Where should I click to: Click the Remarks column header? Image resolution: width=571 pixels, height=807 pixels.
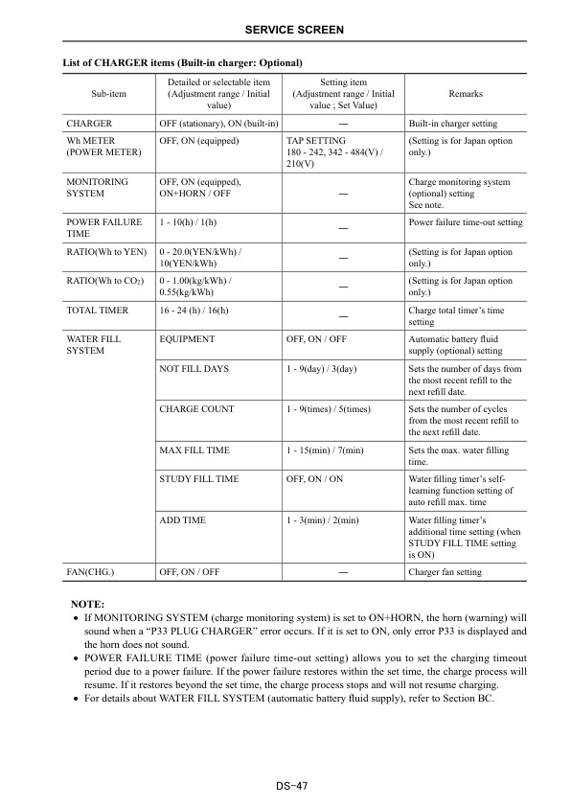pos(465,94)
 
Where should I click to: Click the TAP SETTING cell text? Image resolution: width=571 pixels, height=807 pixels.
pos(315,141)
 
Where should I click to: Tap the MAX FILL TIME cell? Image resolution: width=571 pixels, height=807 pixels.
pos(194,450)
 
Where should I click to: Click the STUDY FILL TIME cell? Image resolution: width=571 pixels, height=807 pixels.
pos(199,478)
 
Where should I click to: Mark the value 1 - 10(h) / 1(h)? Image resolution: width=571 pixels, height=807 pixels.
pos(188,222)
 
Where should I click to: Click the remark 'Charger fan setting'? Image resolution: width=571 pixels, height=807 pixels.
pos(445,572)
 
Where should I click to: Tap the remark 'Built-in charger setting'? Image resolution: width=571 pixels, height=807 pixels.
pos(452,124)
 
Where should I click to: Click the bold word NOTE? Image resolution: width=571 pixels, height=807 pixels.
pos(88,605)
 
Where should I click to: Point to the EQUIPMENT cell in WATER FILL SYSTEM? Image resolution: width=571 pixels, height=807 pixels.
pos(187,339)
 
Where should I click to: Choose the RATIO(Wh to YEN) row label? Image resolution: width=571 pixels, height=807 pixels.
pos(104,252)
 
